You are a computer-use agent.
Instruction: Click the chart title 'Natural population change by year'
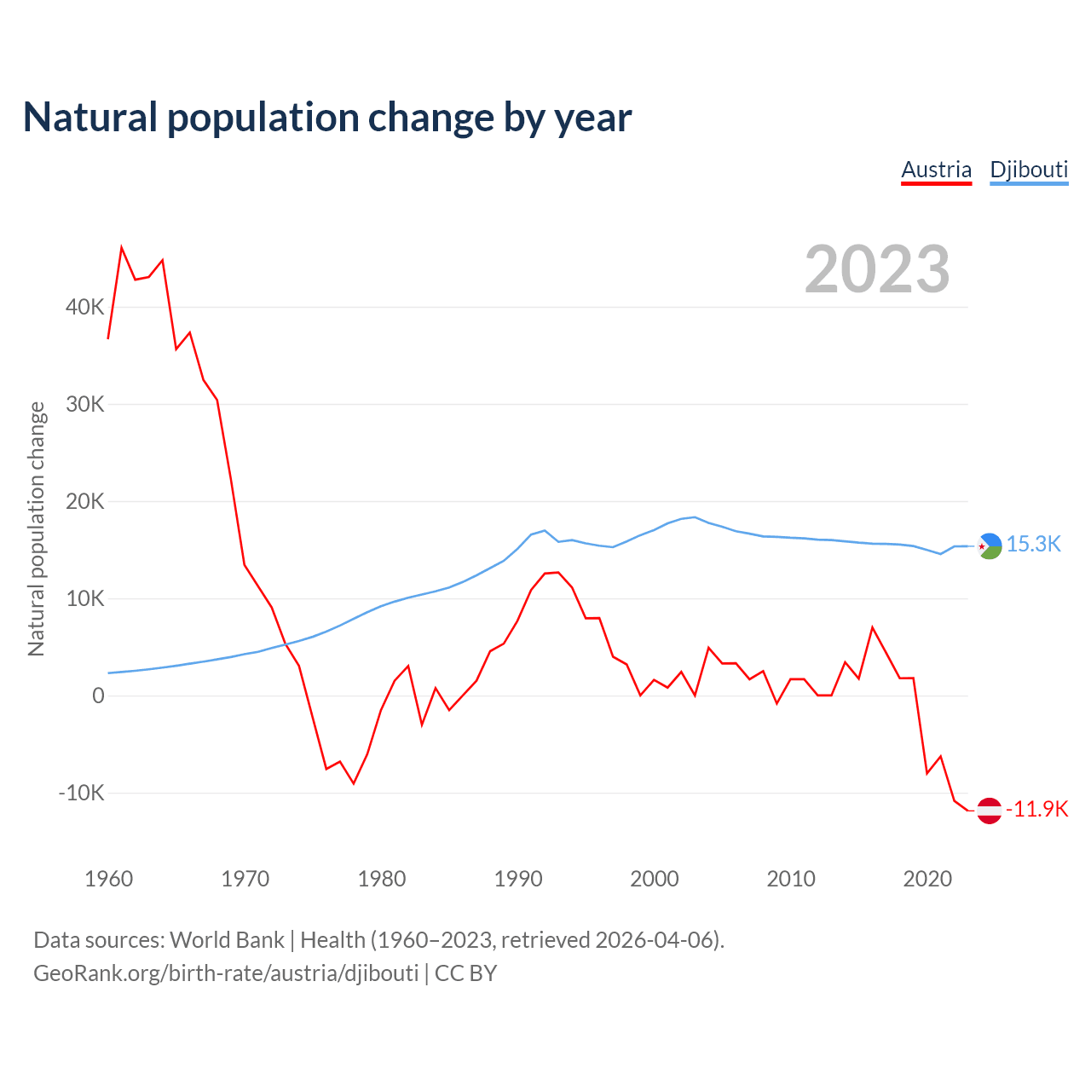pos(327,118)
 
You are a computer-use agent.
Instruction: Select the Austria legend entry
pos(936,170)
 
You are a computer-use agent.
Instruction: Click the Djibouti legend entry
pos(1029,170)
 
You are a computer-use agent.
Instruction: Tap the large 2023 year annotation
pos(877,269)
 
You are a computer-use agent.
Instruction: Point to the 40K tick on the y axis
pos(84,307)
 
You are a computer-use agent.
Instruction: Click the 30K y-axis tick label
pos(84,404)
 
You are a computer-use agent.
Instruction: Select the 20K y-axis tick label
pos(84,501)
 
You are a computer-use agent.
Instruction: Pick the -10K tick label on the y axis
pos(81,793)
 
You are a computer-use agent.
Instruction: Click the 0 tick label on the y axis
pos(98,696)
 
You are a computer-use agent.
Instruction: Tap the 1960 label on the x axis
pos(109,879)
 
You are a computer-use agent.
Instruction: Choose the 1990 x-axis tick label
pos(518,879)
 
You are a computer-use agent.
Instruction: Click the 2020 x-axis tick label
pos(927,879)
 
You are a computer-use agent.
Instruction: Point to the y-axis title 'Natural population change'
pos(37,528)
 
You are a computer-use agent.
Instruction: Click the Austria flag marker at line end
pos(989,811)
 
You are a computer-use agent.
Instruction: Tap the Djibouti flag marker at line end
pos(989,545)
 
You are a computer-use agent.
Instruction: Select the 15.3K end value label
pos(1033,544)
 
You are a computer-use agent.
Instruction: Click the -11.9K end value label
pos(1036,809)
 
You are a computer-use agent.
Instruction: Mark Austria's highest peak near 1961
pos(122,247)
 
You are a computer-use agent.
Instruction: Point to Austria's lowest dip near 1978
pos(354,783)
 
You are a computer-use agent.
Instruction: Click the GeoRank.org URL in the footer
pos(226,973)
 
